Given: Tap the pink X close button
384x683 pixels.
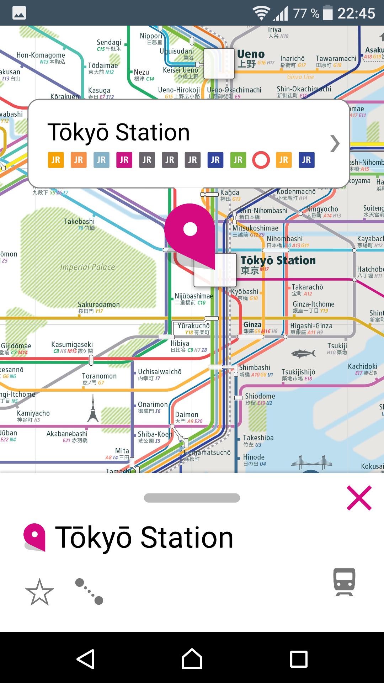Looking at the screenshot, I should [359, 498].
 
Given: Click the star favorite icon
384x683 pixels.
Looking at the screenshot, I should [39, 592].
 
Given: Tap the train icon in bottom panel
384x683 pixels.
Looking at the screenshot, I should [344, 582].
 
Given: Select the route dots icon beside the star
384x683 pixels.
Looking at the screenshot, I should [89, 592].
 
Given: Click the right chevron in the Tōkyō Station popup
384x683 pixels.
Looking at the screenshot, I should [335, 144].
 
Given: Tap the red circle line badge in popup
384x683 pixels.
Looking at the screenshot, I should [261, 160].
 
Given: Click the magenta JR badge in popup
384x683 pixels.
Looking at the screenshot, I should [124, 160].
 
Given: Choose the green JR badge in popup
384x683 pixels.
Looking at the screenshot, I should [238, 160].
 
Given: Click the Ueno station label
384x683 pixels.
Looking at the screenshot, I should [251, 54].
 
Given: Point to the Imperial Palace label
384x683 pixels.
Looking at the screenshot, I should [87, 267].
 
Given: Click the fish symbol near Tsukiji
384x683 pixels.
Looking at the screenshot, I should [303, 353].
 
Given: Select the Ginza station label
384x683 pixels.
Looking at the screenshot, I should [252, 325].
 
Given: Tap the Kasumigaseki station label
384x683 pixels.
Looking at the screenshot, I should [72, 344].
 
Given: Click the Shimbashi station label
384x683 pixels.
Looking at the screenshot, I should [255, 367].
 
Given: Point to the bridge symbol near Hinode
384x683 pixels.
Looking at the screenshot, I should [311, 461].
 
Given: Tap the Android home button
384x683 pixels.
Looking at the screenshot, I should [192, 659].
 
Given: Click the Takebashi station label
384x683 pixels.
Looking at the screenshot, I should [79, 222].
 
